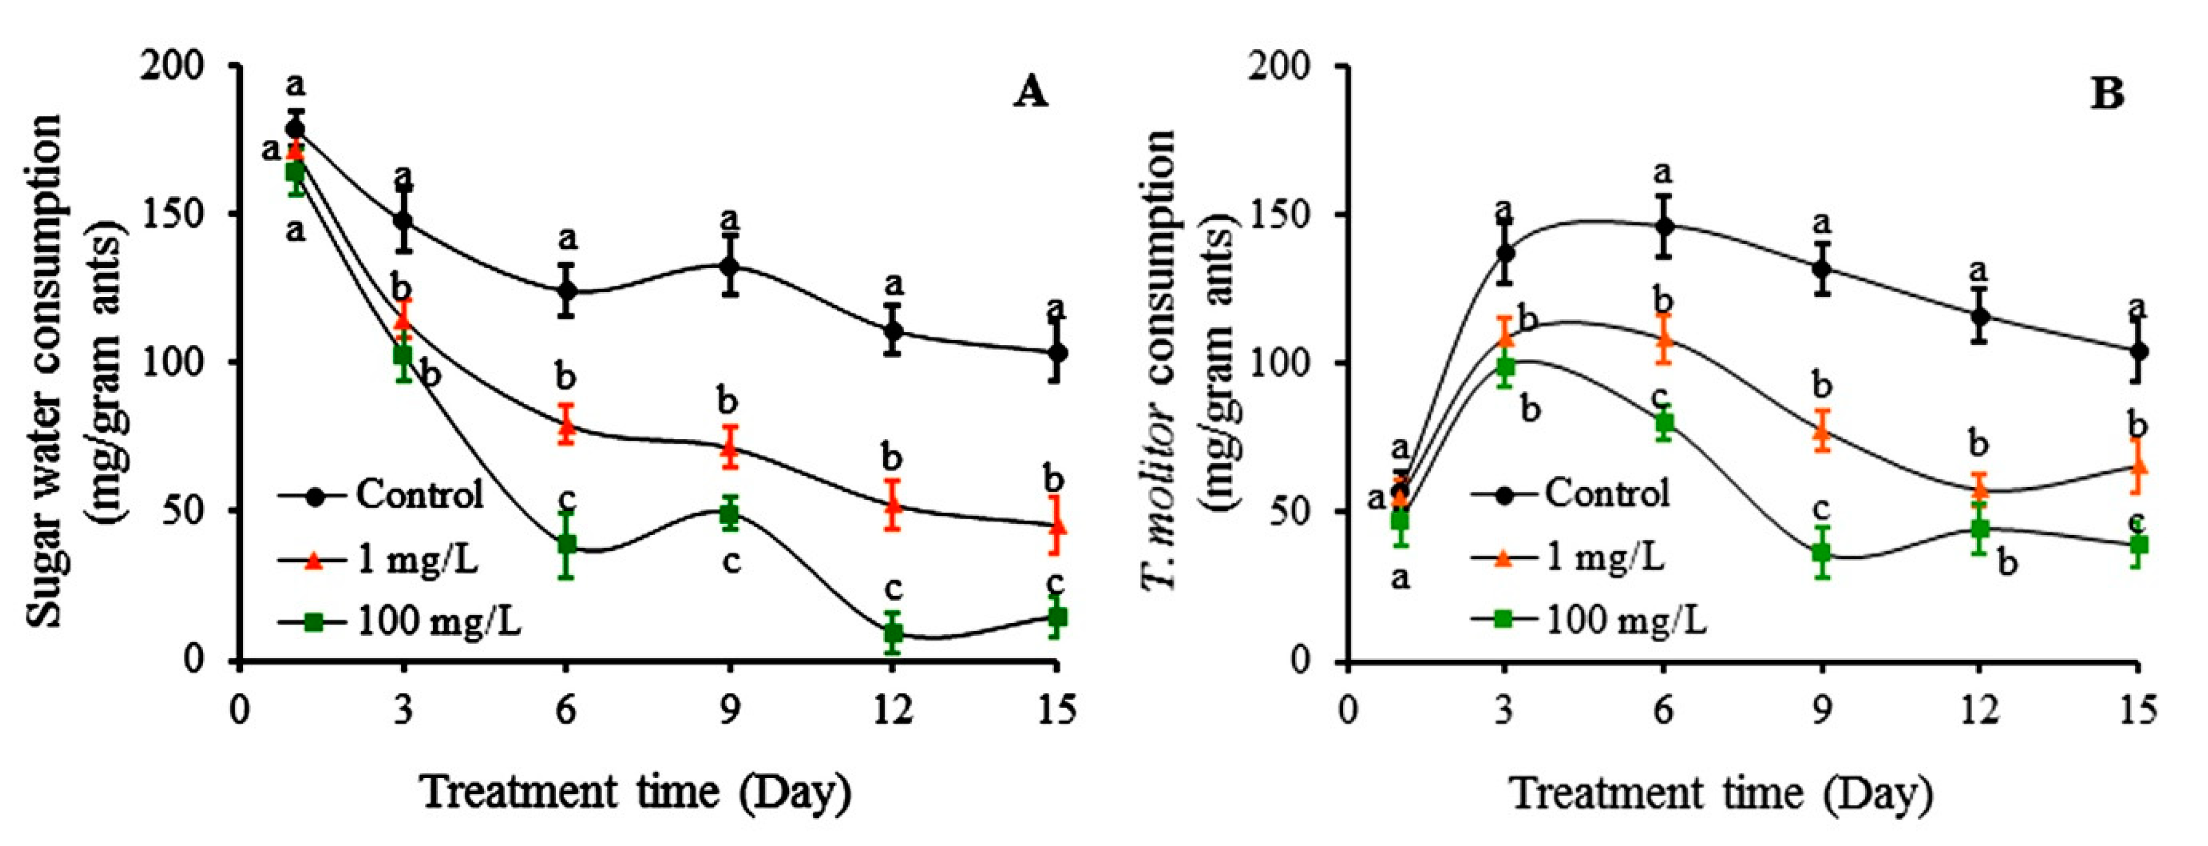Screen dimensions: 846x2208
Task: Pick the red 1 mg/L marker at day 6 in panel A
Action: tap(566, 424)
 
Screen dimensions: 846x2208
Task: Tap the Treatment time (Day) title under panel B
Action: tap(1721, 793)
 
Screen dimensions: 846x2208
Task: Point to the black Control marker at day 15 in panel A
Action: tap(1057, 352)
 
